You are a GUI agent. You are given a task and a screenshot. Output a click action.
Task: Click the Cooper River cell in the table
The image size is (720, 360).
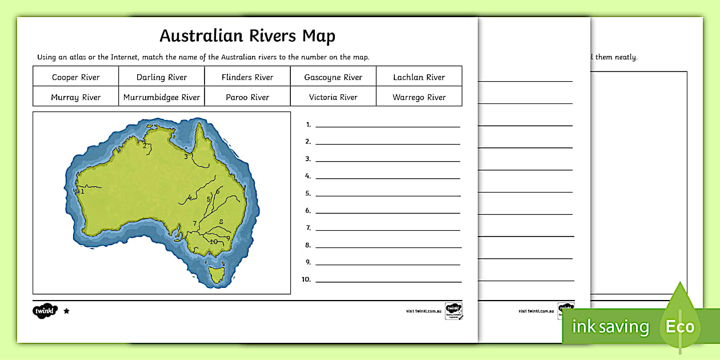76,77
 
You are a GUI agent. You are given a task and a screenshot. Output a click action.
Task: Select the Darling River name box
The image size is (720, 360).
162,77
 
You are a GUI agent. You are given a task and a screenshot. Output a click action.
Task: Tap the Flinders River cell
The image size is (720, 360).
247,77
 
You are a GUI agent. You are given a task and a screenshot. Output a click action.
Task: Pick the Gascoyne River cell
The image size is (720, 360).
333,77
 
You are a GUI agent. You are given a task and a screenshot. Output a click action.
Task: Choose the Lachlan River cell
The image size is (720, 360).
419,77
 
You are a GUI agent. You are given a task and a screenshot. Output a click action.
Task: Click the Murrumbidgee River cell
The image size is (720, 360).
162,97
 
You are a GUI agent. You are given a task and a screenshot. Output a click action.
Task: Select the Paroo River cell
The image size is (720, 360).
247,97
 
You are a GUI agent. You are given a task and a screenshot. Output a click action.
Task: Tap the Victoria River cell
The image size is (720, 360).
333,97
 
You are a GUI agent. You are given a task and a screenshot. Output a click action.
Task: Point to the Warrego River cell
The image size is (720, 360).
419,97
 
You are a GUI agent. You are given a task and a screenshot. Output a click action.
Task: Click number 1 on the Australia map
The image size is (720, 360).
82,192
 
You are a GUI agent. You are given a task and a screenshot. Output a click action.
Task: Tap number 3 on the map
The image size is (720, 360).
186,156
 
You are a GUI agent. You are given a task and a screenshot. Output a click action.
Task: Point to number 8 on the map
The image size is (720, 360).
221,222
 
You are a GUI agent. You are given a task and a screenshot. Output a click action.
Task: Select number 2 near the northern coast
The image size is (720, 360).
145,146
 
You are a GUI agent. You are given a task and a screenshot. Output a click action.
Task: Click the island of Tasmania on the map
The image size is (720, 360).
217,273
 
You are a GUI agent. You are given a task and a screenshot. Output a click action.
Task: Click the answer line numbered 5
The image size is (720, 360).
387,194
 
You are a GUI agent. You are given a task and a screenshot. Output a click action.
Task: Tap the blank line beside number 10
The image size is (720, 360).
387,281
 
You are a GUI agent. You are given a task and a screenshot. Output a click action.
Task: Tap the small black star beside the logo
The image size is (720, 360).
66,311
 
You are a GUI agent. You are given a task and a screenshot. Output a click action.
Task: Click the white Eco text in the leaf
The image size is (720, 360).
679,327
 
